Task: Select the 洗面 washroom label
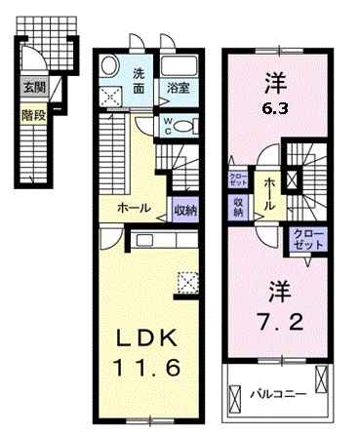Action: click(139, 81)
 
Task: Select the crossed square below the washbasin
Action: click(110, 96)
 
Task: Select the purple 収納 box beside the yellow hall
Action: click(182, 209)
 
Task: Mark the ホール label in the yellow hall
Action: click(133, 209)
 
